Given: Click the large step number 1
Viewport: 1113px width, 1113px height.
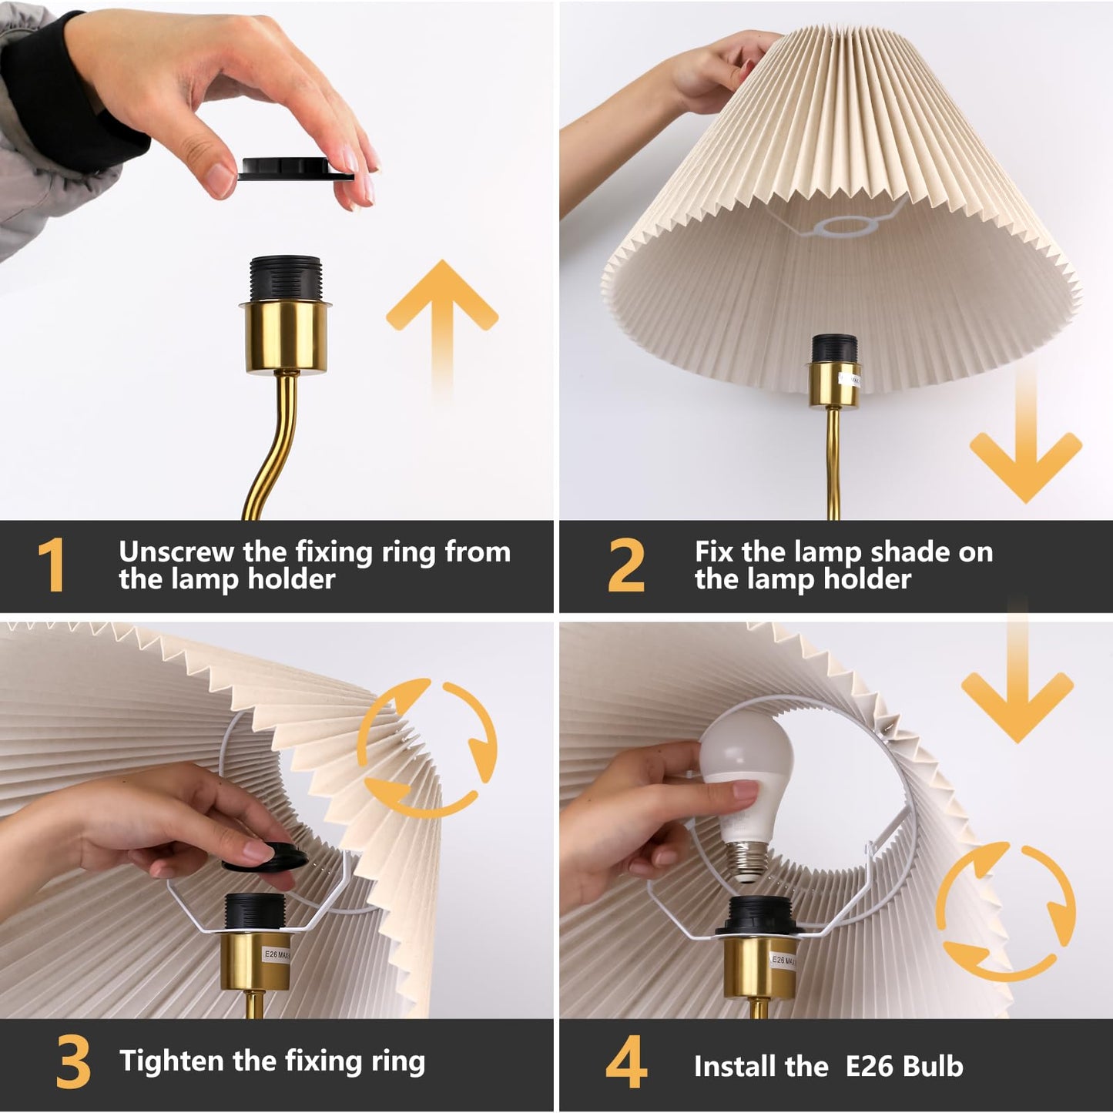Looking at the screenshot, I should coord(51,565).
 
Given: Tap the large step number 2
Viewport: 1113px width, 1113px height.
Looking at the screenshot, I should coord(625,565).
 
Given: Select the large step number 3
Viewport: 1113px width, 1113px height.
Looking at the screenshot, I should coord(73,1064).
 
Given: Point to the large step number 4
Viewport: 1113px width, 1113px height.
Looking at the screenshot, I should coord(625,1064).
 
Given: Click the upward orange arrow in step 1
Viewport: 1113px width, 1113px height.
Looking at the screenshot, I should coord(442,324).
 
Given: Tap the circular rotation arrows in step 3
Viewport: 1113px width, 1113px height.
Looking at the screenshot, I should coord(427,746).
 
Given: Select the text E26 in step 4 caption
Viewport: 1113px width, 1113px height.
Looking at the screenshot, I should coord(870,1067).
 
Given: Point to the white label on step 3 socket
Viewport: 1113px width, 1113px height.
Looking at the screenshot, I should coord(276,955).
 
